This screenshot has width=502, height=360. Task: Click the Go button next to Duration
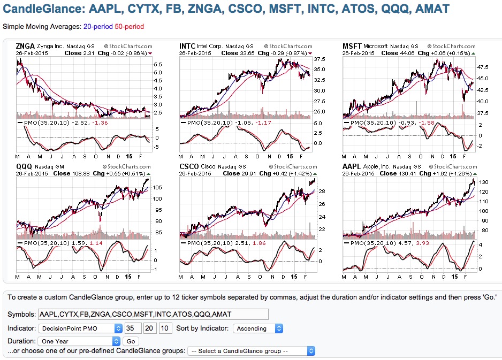click(130, 341)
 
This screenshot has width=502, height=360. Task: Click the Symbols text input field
click(153, 315)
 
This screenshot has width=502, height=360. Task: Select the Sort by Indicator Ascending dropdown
click(258, 328)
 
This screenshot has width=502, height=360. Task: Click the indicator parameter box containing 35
click(132, 328)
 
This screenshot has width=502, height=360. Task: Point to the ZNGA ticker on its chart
click(26, 47)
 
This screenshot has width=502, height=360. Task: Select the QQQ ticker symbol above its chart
click(25, 167)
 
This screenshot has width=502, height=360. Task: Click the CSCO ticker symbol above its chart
click(188, 167)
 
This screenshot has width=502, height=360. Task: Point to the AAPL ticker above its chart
click(351, 167)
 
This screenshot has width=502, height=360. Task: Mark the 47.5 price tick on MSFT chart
click(483, 67)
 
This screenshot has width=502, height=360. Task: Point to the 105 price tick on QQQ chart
click(157, 187)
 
